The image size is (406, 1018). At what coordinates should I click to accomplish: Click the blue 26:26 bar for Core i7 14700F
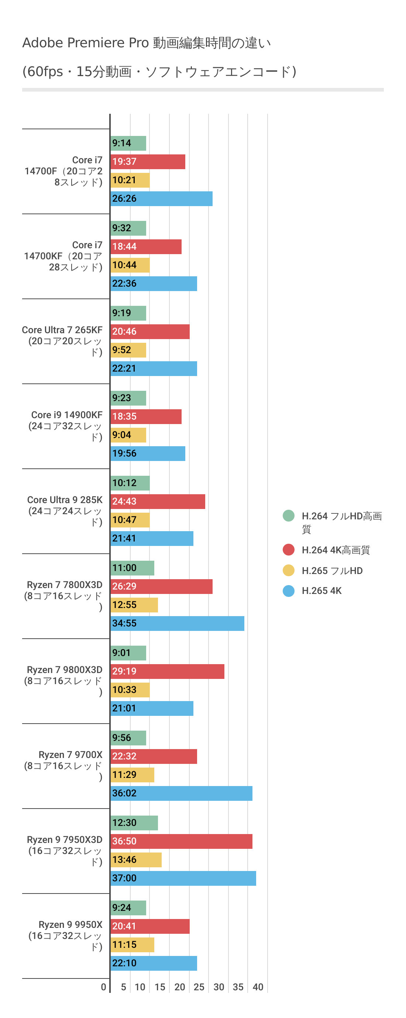[161, 199]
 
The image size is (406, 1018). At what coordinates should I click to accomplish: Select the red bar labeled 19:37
[148, 162]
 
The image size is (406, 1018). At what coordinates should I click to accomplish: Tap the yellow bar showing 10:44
[130, 265]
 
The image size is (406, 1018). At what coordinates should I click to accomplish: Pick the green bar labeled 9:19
[128, 313]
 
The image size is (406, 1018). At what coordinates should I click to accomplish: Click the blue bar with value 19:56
[148, 454]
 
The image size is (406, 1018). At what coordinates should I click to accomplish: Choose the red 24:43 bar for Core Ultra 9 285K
[158, 502]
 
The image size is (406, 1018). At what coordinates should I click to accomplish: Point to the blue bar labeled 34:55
[177, 624]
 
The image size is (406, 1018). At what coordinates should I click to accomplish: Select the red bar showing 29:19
[167, 672]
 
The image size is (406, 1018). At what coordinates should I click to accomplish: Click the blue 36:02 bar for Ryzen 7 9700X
[181, 793]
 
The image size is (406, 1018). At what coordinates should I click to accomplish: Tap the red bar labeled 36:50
[181, 841]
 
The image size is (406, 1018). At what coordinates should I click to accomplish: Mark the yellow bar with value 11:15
[132, 945]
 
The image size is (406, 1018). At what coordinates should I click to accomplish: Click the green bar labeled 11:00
[132, 568]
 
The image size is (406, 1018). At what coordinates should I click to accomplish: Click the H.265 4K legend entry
[321, 591]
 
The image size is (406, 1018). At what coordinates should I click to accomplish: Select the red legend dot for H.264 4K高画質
[289, 550]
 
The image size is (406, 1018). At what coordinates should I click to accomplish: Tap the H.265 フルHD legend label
[332, 571]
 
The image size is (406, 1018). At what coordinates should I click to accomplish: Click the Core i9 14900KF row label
[66, 426]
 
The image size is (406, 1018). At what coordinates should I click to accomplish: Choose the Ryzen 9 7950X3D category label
[65, 850]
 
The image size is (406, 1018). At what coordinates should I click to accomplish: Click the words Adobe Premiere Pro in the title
[85, 43]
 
